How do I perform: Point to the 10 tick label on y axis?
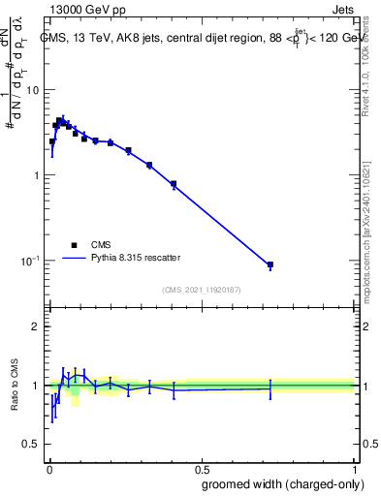(x=31, y=90)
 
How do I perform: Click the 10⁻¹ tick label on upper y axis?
(x=29, y=261)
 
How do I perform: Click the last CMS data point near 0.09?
(x=270, y=264)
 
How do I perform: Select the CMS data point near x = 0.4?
(x=174, y=183)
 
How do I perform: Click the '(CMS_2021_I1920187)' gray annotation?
(x=201, y=289)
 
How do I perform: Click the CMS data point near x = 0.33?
(x=149, y=166)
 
